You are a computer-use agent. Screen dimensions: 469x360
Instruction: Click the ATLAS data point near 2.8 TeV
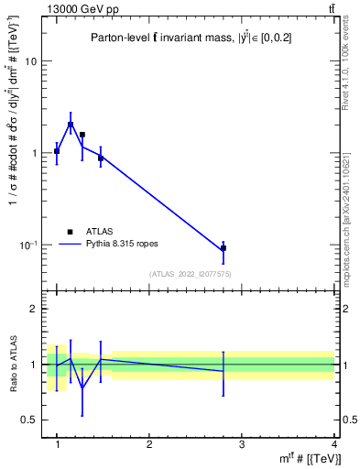(x=224, y=248)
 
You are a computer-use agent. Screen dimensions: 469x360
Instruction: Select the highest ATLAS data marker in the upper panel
(x=71, y=125)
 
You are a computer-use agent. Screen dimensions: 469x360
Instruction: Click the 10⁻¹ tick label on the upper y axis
(x=27, y=245)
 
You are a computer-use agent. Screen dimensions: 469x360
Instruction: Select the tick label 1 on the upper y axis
(x=34, y=153)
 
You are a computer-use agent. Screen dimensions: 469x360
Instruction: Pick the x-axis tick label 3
(x=242, y=444)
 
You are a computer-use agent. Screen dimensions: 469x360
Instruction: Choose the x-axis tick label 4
(x=334, y=444)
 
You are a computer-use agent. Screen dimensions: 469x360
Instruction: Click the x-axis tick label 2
(x=149, y=444)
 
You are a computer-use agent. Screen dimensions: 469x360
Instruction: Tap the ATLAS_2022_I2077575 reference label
(x=190, y=274)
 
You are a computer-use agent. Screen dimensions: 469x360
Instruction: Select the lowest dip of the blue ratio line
(x=82, y=387)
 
